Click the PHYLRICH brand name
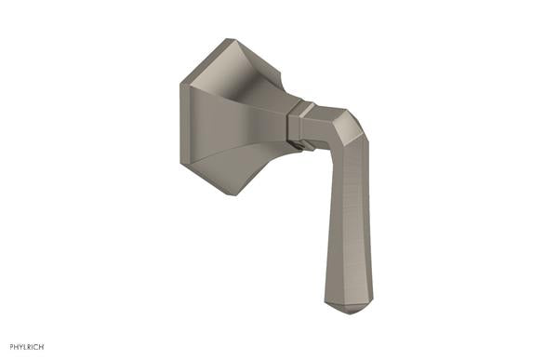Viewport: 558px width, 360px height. coord(26,348)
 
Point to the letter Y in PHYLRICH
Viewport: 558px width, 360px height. coord(21,348)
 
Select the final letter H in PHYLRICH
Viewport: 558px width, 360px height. coord(43,348)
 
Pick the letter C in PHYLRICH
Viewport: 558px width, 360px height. coord(37,348)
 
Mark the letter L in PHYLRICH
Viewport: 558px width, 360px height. coord(26,348)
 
